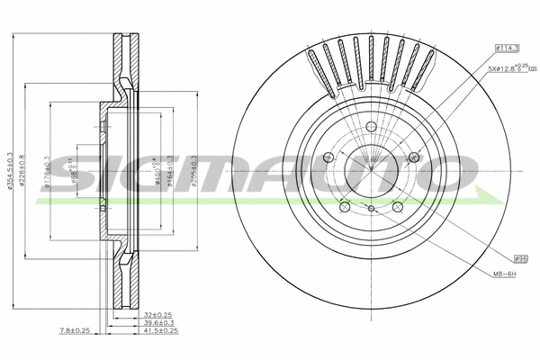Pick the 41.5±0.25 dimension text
160,332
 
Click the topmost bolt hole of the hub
371,126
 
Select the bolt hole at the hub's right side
414,157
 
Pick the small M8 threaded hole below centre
371,209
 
